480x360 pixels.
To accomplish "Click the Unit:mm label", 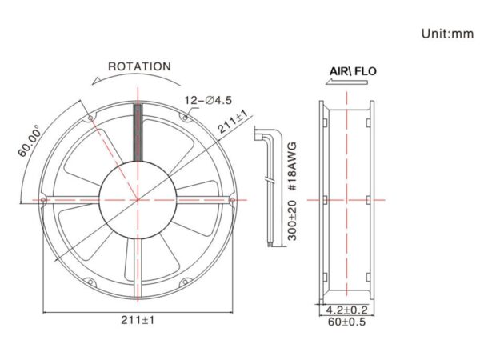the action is coord(447,34).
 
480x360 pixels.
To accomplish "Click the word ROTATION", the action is coord(139,66).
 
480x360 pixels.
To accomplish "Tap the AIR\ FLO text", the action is coord(353,71).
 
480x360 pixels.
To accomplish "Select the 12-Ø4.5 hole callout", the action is coord(208,100).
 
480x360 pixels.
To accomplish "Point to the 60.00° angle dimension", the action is coord(30,141).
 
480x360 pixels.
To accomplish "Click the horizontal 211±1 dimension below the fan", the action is coord(138,320).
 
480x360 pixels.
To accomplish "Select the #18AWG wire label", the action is coord(293,166).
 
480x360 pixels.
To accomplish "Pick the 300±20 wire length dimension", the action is coord(293,221).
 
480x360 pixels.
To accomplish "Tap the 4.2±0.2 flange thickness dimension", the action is coord(346,310).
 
